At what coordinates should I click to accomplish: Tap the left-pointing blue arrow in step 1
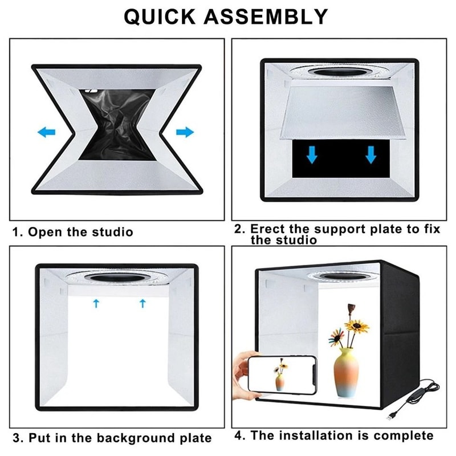46,132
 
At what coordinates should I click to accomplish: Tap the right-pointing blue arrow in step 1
185,132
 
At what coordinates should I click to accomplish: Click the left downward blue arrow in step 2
311,154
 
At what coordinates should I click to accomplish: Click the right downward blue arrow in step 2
371,154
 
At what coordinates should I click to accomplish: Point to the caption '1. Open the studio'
73,232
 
